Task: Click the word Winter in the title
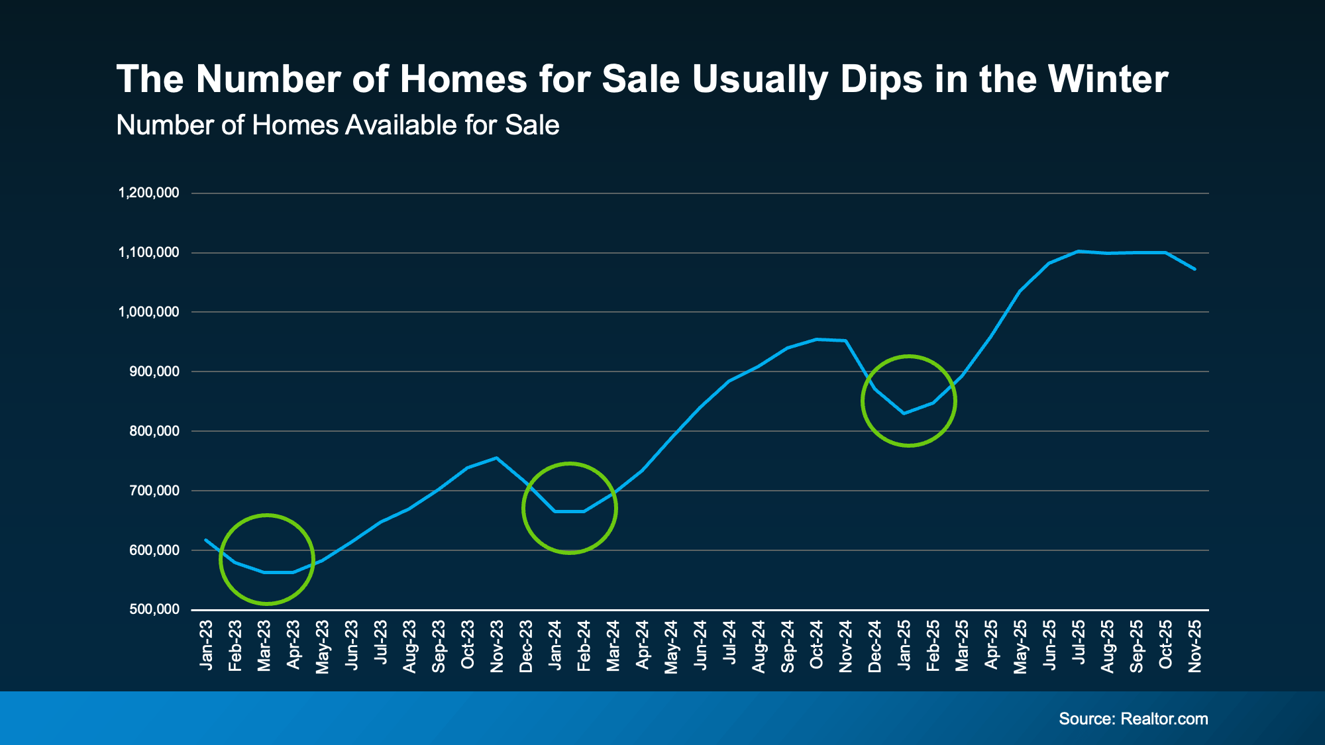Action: click(x=1108, y=79)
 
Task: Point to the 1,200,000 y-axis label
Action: click(x=148, y=193)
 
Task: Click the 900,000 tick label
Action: click(x=154, y=372)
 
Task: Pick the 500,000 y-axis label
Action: click(x=154, y=609)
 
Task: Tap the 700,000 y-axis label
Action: click(x=154, y=491)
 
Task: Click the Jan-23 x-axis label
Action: click(x=206, y=645)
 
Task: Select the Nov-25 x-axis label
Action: click(x=1194, y=646)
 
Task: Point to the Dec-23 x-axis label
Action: click(x=526, y=646)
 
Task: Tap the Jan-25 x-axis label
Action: click(x=904, y=645)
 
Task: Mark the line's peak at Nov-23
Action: click(x=497, y=458)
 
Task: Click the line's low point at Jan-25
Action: click(x=904, y=413)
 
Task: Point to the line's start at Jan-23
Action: click(x=206, y=540)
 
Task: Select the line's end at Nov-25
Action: click(x=1194, y=269)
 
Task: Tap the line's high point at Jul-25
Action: click(x=1079, y=251)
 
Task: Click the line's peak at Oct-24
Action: click(x=816, y=339)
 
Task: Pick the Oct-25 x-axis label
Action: click(x=1165, y=645)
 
